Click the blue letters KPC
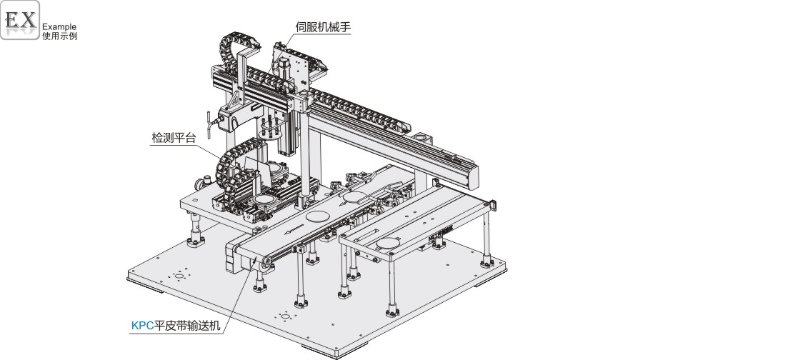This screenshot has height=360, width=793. (x=142, y=326)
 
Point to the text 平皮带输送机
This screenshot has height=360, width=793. (x=189, y=326)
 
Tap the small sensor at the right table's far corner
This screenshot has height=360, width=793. (x=494, y=205)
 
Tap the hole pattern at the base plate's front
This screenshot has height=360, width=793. (x=285, y=316)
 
